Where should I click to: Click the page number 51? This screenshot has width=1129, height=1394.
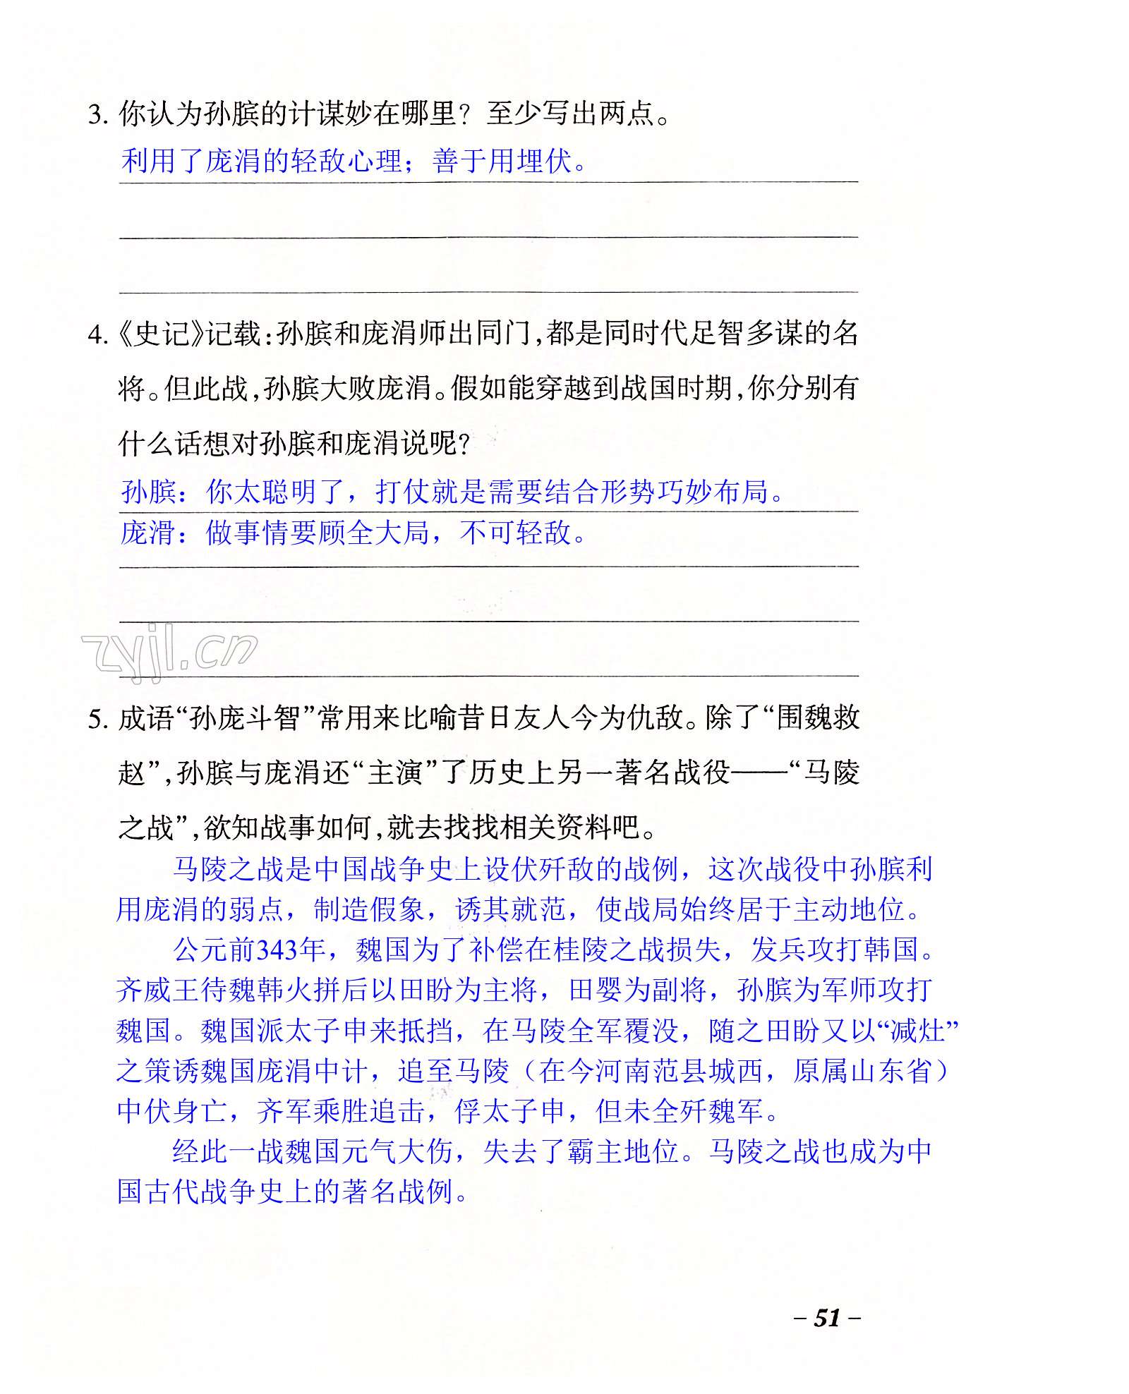827,1317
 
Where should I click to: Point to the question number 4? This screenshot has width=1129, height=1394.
97,334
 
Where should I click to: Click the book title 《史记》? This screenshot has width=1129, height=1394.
160,333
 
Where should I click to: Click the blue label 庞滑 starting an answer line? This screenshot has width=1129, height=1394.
147,533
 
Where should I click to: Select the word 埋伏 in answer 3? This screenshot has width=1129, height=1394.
543,162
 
